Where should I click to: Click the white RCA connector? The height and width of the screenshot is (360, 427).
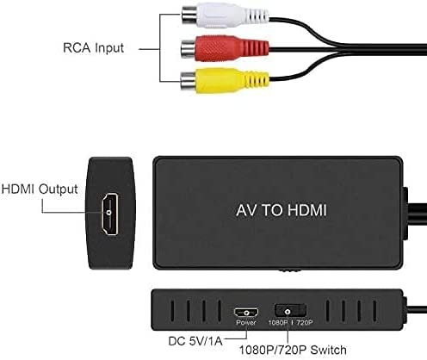226,16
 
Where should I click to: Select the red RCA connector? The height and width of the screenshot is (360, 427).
226,48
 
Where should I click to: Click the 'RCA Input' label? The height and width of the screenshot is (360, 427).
93,48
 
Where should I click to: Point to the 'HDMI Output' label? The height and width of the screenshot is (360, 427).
40,189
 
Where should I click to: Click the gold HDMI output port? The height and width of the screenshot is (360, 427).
109,214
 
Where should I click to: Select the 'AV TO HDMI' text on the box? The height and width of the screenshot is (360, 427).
282,210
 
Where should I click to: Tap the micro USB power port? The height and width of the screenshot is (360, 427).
246,312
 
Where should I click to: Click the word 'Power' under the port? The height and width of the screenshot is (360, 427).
246,323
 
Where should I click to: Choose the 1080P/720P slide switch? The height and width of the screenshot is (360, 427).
290,311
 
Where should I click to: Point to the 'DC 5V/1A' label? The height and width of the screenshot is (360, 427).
195,341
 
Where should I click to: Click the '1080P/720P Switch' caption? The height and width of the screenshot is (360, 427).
293,350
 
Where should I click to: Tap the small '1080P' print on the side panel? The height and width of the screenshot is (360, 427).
278,323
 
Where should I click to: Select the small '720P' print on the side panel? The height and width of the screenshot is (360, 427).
305,323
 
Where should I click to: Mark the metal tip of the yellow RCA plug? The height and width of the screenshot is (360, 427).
189,81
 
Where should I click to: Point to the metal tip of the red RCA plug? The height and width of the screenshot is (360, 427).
189,49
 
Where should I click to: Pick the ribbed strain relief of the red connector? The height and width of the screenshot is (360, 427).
255,47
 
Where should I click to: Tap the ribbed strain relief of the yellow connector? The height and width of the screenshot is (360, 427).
257,79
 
